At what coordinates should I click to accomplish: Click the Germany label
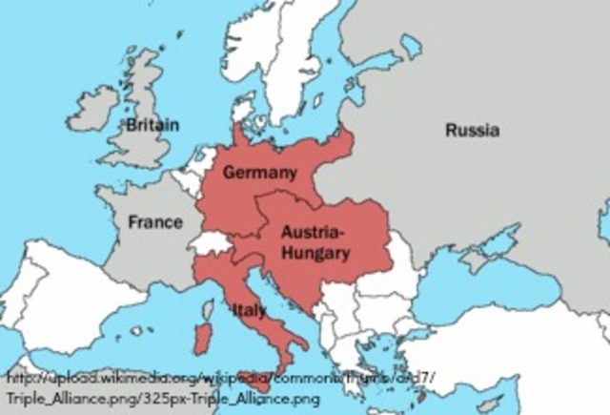pyautogui.click(x=260, y=172)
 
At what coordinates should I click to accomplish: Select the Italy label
pyautogui.click(x=249, y=310)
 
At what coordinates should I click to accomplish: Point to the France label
pyautogui.click(x=155, y=222)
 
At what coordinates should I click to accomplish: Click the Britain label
pyautogui.click(x=152, y=125)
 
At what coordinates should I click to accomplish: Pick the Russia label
pyautogui.click(x=472, y=130)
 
